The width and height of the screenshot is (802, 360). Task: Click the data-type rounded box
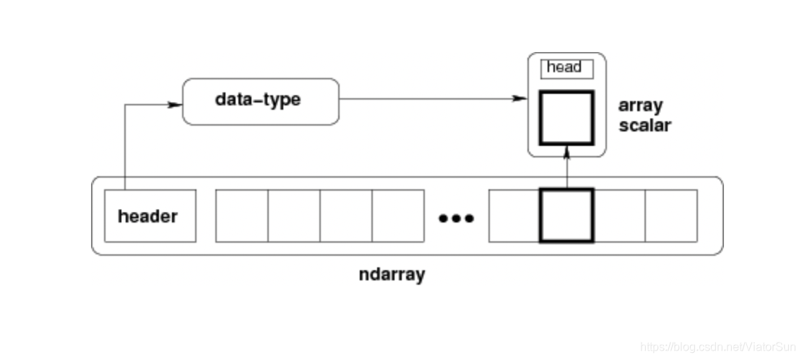[261, 101]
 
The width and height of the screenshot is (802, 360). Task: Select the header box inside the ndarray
[150, 216]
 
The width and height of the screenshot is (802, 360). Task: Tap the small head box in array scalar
[567, 69]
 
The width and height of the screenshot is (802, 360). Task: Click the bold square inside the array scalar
[566, 118]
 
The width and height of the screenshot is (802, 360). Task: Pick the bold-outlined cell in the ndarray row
[566, 215]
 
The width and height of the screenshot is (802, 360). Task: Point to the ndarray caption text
[392, 275]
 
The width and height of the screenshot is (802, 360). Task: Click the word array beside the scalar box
[640, 106]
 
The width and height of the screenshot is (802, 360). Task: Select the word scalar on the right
[644, 125]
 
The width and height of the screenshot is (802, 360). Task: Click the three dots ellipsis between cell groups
[457, 218]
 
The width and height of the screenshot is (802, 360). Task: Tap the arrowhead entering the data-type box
[176, 104]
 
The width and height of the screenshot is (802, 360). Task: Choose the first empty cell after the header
[242, 215]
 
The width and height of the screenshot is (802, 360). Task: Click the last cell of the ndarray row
[671, 215]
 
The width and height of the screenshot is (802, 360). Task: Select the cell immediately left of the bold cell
[514, 215]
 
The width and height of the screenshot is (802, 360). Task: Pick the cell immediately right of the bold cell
[619, 215]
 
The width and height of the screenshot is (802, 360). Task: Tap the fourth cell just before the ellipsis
[398, 215]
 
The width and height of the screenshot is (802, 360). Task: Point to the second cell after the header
[294, 215]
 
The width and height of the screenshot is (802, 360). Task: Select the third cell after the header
[346, 215]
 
